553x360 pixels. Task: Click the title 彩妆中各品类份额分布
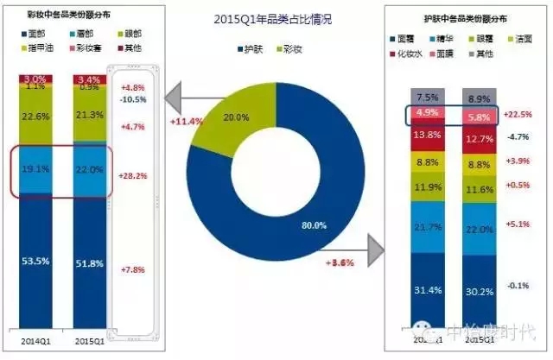coord(60,16)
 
